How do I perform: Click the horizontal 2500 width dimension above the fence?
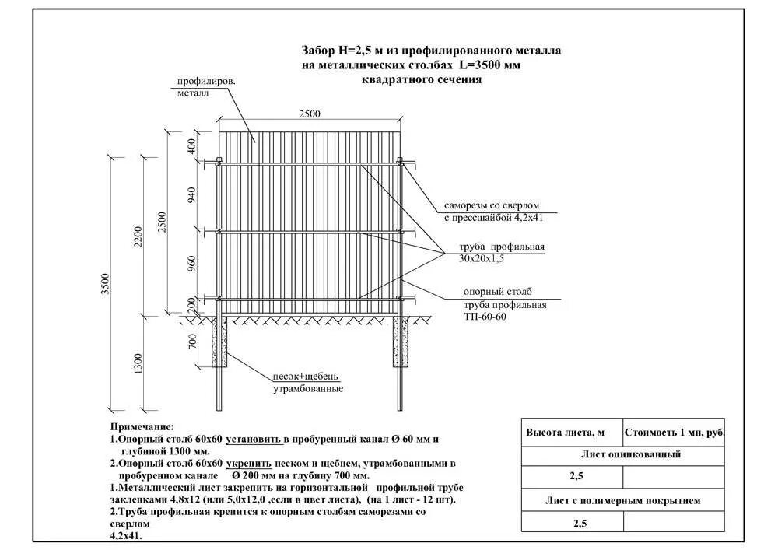(x=309, y=114)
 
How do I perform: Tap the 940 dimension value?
(x=192, y=195)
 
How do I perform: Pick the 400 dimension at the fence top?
(x=192, y=146)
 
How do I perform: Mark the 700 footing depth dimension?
(x=192, y=341)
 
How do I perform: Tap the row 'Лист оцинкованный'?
(x=623, y=455)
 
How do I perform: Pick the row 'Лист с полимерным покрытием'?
(x=623, y=501)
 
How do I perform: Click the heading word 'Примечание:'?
(x=142, y=427)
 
